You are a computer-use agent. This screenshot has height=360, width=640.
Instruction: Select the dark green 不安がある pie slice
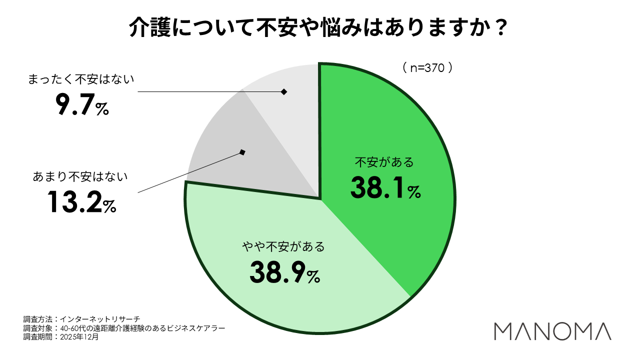395,125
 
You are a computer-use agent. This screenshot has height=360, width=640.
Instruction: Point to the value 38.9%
284,272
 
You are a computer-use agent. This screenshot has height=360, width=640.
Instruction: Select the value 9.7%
81,105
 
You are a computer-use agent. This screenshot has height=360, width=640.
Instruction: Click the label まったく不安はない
81,79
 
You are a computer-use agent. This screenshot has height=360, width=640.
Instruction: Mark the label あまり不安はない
80,176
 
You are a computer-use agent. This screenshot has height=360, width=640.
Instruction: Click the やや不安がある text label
283,246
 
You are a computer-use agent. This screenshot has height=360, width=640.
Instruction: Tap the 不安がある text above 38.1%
384,162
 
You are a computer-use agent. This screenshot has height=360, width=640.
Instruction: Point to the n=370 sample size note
427,68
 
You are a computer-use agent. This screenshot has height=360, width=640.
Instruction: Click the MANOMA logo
552,331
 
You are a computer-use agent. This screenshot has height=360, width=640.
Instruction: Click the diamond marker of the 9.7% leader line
284,91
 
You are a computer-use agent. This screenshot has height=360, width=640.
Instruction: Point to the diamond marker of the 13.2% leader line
242,152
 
